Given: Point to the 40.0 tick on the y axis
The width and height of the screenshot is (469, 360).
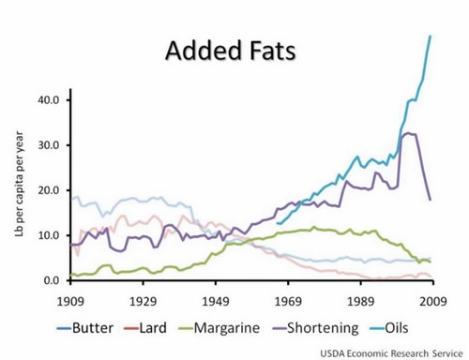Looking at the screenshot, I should (48, 100).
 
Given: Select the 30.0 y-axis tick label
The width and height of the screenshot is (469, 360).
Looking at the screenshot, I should (48, 145).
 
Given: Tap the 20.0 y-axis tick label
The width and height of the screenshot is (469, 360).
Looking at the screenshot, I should (48, 190).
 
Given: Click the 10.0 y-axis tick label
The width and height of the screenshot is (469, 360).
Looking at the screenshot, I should (48, 235).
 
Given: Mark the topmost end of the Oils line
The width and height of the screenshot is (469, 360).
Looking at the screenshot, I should (431, 36).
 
